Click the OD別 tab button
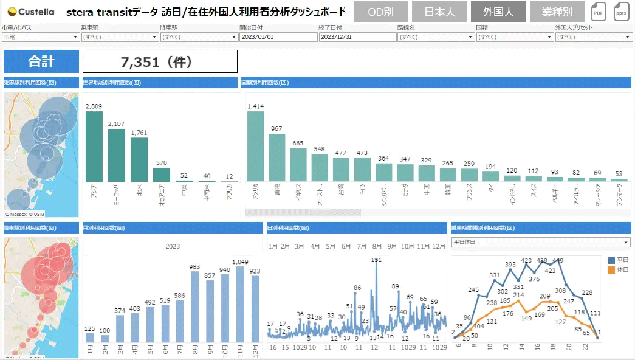coord(380,12)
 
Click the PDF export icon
coord(599,12)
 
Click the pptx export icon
coord(622,12)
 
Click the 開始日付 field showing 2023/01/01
coord(278,37)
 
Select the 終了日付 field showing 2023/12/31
coord(357,37)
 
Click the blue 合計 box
coord(41,61)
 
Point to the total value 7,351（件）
coord(160,61)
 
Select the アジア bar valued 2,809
coord(94,146)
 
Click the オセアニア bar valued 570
coord(162,175)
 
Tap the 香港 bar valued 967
coord(277,157)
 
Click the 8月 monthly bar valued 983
coord(195,306)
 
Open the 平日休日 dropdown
coord(541,242)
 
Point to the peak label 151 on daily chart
coord(376,260)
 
